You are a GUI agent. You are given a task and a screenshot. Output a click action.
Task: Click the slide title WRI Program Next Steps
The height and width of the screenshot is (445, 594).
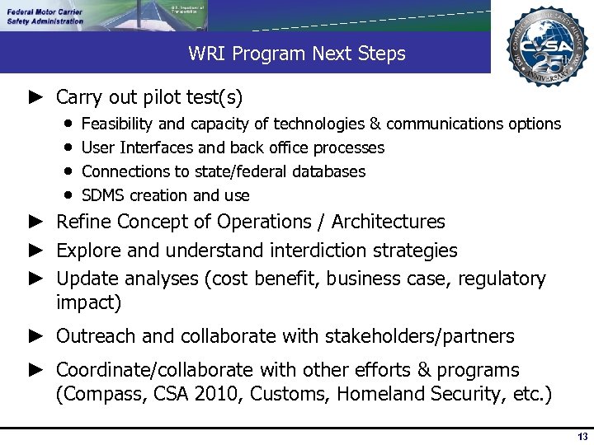pos(297,54)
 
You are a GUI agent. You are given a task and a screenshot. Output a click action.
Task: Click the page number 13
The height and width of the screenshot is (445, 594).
pos(582,437)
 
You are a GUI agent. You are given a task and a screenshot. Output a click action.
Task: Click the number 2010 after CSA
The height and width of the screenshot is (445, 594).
pos(219,394)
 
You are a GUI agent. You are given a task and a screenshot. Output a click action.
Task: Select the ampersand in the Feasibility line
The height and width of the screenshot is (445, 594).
pos(375,124)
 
